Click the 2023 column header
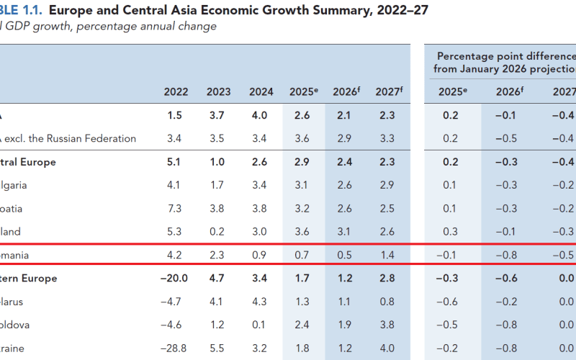pos(218,91)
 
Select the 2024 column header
pos(261,91)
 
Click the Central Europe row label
pos(29,162)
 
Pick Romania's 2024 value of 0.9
pos(261,255)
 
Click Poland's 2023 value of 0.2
pos(218,232)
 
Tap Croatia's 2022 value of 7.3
pos(176,209)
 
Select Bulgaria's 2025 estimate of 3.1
pos(303,185)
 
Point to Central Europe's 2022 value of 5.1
pos(176,162)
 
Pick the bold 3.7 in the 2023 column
pos(218,115)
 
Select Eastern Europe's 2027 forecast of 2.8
pos(387,278)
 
